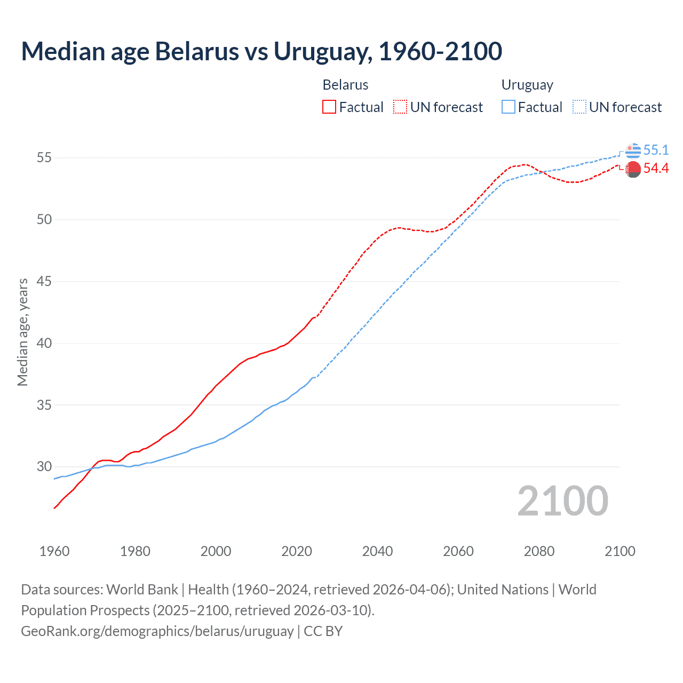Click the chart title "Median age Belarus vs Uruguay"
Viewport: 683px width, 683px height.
(261, 51)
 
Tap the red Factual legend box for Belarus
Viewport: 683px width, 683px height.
(329, 107)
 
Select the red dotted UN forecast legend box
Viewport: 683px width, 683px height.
(400, 107)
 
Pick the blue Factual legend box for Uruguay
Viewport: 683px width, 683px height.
(509, 107)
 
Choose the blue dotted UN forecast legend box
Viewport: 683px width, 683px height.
(579, 107)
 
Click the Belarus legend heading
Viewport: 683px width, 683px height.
(345, 85)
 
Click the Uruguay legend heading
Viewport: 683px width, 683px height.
(527, 85)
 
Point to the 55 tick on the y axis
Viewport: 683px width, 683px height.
(44, 158)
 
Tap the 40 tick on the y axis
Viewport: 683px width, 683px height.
(44, 343)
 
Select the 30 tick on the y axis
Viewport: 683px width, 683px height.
(44, 467)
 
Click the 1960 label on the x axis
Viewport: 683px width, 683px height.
(54, 551)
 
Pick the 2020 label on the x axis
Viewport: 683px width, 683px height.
(297, 551)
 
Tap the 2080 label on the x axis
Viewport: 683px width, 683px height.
(539, 551)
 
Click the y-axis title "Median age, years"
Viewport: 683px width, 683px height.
(22, 332)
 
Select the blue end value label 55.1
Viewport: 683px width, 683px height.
(656, 150)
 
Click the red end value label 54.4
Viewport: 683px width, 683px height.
(656, 169)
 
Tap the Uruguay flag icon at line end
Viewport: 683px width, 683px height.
(633, 151)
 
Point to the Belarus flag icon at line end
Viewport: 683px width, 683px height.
(633, 169)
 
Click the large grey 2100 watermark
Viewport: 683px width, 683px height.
(563, 501)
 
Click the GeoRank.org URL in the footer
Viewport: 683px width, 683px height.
(157, 631)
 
